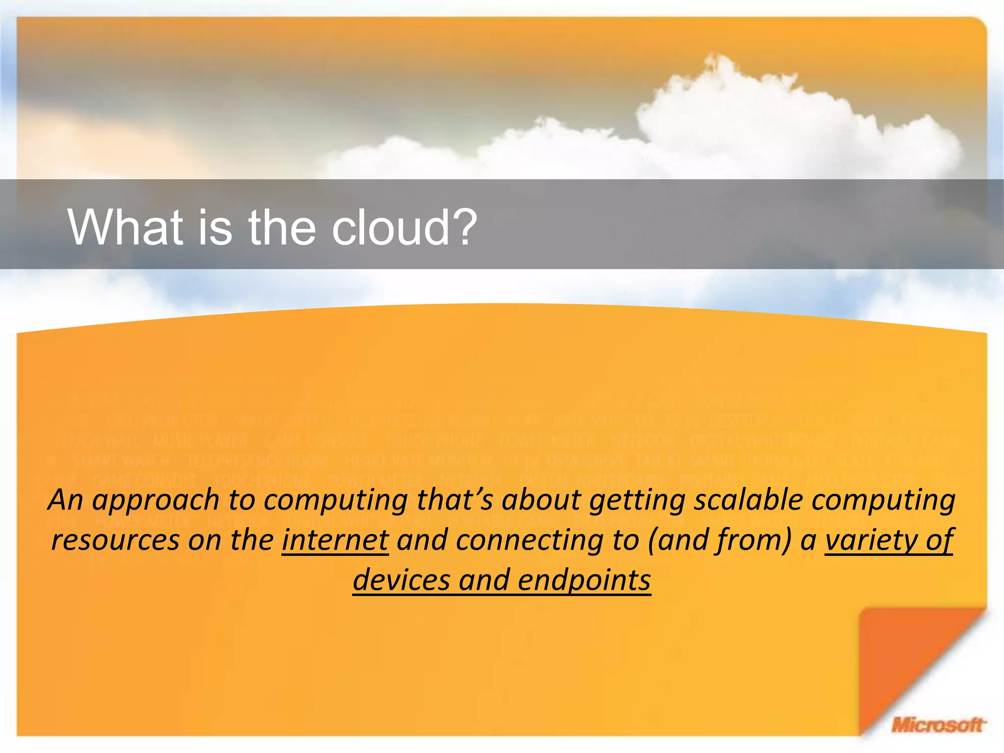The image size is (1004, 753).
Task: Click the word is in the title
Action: click(214, 227)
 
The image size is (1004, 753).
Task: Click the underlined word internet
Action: click(335, 540)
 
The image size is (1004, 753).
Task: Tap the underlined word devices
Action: click(402, 580)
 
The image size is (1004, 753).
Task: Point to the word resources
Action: click(116, 540)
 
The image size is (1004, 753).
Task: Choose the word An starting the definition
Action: click(65, 500)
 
